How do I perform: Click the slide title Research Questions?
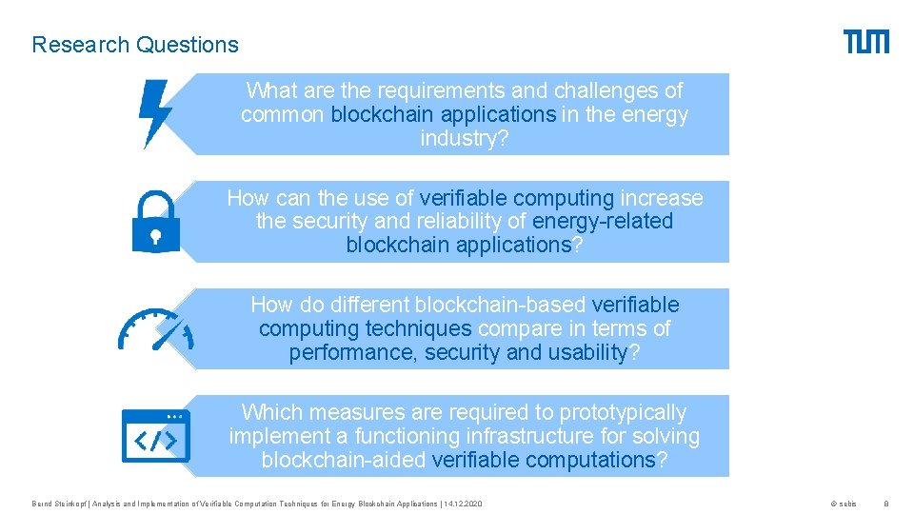click(x=135, y=45)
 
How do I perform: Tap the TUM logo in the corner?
click(x=865, y=42)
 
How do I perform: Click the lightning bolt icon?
click(x=155, y=113)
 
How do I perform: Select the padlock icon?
click(x=154, y=221)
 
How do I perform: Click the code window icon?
click(x=155, y=437)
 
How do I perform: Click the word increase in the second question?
click(x=662, y=198)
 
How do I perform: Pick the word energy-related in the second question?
click(x=603, y=222)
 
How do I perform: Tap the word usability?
click(x=590, y=352)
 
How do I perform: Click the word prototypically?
click(x=623, y=412)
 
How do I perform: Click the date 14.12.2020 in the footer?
click(x=464, y=504)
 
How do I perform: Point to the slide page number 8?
click(x=886, y=504)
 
